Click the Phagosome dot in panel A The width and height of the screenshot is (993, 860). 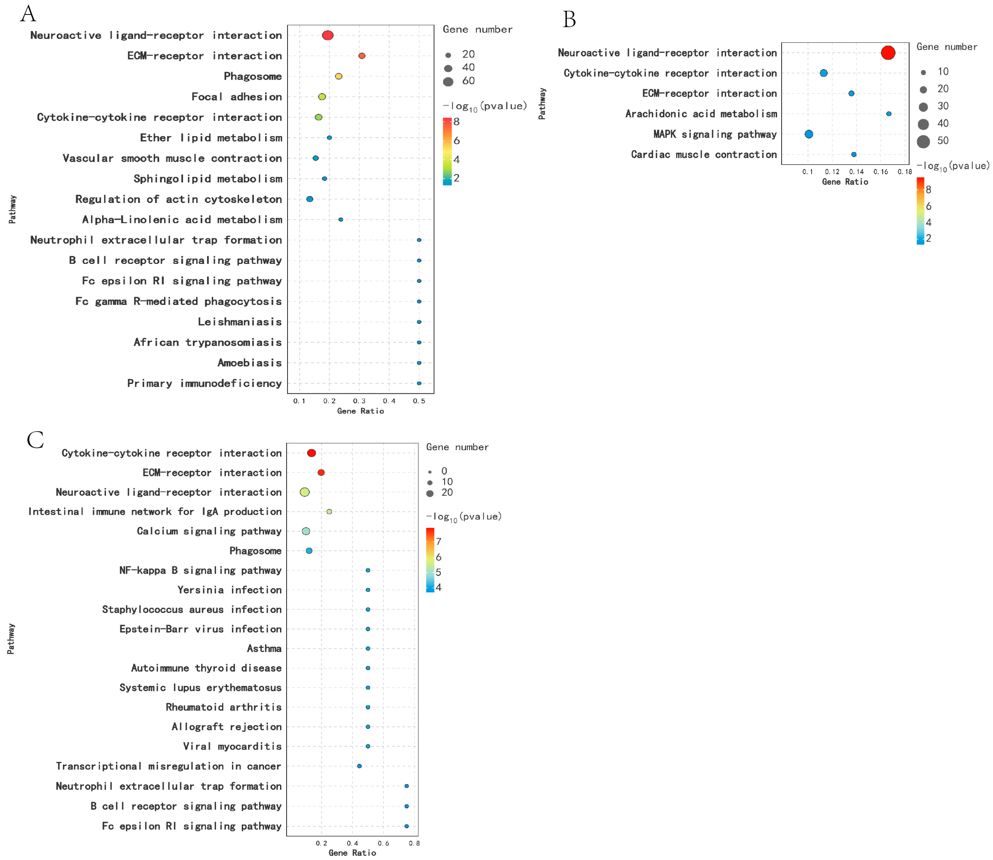(338, 76)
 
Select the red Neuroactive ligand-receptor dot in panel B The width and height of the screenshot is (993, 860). (888, 53)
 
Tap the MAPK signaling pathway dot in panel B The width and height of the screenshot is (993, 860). (809, 134)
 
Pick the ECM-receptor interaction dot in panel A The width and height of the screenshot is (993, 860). (362, 56)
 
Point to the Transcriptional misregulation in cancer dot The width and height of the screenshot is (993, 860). (359, 766)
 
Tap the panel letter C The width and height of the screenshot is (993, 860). (35, 440)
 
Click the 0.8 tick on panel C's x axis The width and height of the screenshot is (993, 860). (414, 843)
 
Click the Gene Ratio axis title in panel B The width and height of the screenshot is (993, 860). (845, 182)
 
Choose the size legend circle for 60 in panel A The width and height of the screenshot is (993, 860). (448, 81)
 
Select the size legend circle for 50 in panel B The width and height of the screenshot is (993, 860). (923, 141)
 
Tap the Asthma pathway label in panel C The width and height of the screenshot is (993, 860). (264, 648)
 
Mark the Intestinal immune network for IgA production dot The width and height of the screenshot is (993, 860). (329, 512)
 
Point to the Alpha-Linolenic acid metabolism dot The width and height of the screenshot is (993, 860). (341, 219)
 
